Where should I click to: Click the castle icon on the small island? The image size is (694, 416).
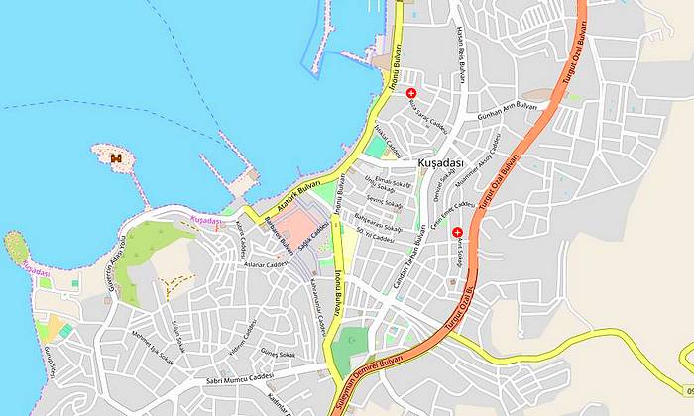pos(116,157)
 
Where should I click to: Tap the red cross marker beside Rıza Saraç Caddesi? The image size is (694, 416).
pos(411,93)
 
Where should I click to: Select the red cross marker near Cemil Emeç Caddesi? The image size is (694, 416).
pos(457,233)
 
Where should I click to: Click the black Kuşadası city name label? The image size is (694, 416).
pos(441,161)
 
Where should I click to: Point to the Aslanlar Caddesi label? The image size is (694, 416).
pos(267,264)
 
